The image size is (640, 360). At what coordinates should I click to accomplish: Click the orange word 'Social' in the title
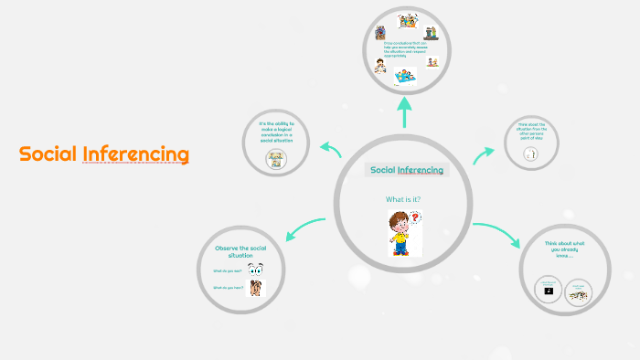(x=48, y=154)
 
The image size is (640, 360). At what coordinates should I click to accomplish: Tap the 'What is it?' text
(x=403, y=199)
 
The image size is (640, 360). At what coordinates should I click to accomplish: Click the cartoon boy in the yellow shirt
(x=400, y=232)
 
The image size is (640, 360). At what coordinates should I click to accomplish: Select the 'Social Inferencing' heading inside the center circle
(x=407, y=170)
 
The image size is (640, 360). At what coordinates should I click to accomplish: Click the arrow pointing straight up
(x=403, y=111)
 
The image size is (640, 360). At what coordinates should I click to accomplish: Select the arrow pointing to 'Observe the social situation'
(x=304, y=229)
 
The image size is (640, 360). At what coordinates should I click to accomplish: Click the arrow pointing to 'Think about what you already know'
(x=500, y=233)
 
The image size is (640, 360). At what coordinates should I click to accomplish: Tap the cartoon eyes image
(x=255, y=270)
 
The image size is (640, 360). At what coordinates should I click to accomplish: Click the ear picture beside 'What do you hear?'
(x=255, y=289)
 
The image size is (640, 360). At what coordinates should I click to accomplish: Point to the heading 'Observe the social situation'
(x=240, y=251)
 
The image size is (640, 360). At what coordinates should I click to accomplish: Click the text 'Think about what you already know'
(x=563, y=249)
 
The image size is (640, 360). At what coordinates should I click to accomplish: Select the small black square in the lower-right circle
(x=549, y=291)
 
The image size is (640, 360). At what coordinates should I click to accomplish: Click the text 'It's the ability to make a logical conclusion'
(x=277, y=132)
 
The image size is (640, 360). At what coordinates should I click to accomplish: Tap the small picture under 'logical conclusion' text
(x=275, y=159)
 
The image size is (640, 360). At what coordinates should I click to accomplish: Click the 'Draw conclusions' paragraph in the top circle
(x=403, y=48)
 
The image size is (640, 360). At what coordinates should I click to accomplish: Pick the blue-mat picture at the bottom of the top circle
(x=403, y=79)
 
